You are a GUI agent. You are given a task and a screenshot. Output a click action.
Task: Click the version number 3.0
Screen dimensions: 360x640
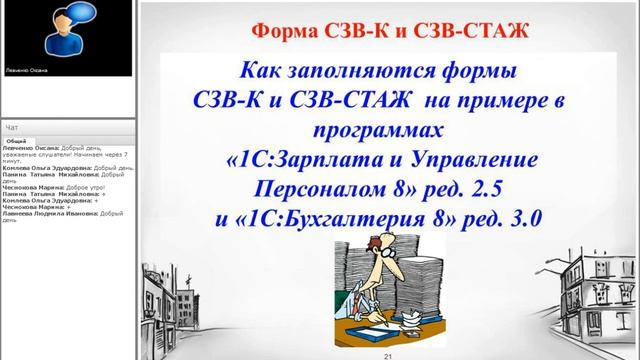(520, 217)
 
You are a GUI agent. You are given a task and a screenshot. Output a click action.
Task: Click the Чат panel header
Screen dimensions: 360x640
(12, 128)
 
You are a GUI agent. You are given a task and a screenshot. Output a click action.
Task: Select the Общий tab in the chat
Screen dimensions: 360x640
(17, 142)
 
